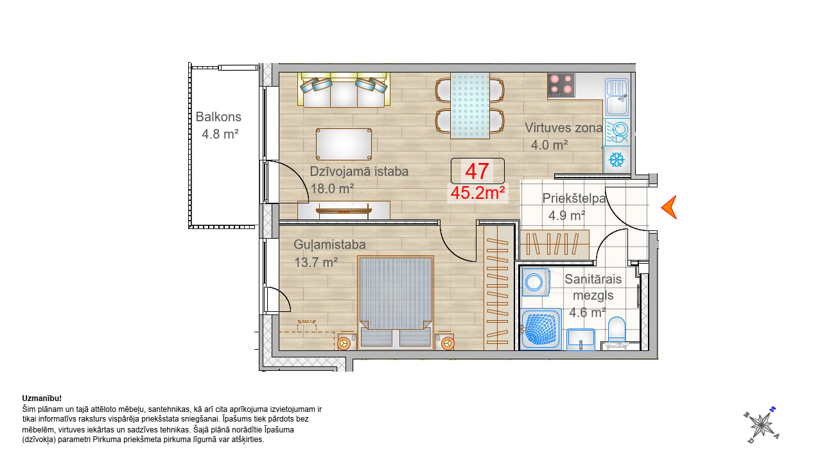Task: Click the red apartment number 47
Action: click(477, 171)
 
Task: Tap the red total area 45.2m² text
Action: click(478, 193)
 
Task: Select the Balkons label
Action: click(218, 117)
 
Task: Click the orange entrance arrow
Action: click(669, 207)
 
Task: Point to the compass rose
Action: click(762, 425)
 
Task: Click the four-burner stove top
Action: click(561, 85)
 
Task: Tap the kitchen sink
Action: click(617, 97)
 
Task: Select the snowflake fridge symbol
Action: click(617, 160)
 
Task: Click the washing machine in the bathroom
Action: click(536, 282)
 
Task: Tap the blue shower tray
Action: click(541, 329)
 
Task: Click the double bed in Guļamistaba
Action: click(396, 302)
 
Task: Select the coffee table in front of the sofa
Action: click(344, 144)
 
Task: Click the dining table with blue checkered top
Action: click(470, 106)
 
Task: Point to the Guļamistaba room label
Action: click(329, 244)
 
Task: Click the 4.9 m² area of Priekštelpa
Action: click(567, 216)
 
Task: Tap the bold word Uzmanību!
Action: click(42, 398)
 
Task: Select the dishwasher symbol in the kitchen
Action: click(617, 132)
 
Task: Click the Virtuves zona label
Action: click(563, 128)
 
